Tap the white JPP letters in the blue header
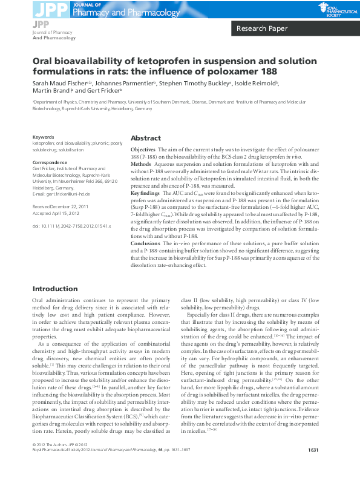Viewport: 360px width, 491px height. [x=51, y=9]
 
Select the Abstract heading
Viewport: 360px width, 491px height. [x=146, y=137]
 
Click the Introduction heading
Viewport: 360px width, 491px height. [x=54, y=289]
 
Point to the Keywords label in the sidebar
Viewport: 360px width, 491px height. [x=43, y=137]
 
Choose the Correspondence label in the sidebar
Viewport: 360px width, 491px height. [x=50, y=162]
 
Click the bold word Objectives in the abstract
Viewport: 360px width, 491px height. [x=143, y=149]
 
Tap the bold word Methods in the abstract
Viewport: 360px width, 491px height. [x=141, y=163]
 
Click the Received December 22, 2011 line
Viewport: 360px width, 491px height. [x=61, y=206]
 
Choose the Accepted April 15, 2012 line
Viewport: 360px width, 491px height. [x=56, y=213]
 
